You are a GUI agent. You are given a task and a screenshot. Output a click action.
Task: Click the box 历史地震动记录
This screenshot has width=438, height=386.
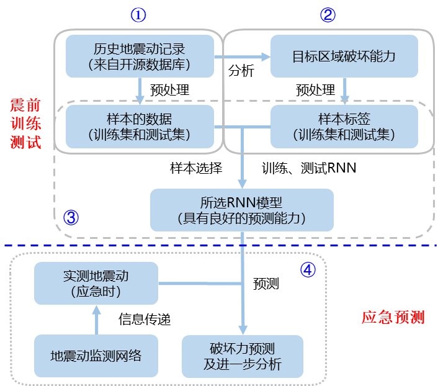tap(140, 56)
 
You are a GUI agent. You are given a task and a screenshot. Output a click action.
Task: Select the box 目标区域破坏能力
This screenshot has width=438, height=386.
tap(344, 56)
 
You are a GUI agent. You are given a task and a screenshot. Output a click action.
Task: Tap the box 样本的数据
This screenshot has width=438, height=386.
tap(140, 126)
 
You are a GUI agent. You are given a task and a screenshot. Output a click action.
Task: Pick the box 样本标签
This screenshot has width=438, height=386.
tap(344, 126)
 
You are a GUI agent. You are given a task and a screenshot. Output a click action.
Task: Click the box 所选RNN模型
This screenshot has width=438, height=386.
tap(242, 210)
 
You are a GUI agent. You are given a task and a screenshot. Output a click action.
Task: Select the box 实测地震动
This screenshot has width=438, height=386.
tap(96, 283)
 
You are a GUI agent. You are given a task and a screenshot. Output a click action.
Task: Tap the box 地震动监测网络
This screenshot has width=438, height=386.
tap(96, 356)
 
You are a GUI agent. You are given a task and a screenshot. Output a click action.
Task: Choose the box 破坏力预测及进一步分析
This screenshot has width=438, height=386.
tap(242, 356)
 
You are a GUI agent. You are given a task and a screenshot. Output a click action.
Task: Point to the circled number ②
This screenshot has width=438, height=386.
tap(328, 16)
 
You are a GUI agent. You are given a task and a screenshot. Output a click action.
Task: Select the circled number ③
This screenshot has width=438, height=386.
tap(72, 218)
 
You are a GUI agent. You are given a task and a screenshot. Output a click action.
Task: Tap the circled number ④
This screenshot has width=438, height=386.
tap(308, 270)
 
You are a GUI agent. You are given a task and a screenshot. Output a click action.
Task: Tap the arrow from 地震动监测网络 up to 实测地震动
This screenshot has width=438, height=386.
tap(96, 320)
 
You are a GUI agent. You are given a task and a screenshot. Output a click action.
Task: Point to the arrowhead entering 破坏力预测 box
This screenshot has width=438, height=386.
tap(243, 329)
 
